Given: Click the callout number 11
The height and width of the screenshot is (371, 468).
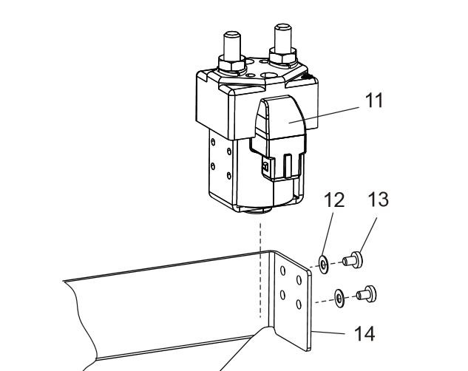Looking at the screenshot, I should coord(376,101).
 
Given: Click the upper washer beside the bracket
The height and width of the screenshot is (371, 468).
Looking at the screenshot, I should coord(323,264).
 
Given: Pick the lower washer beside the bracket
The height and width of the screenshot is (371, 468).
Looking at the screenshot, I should coord(338,297).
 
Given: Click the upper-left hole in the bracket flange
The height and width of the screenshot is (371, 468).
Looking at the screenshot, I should coord(282,270).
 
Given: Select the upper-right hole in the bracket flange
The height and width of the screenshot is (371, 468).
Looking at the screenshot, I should coord(298,279).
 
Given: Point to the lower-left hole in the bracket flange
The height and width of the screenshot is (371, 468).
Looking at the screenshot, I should coord(282,296).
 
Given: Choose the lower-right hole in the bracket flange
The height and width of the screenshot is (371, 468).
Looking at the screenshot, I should coord(298,305).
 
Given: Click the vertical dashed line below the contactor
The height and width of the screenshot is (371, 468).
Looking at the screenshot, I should coord(260,266).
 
